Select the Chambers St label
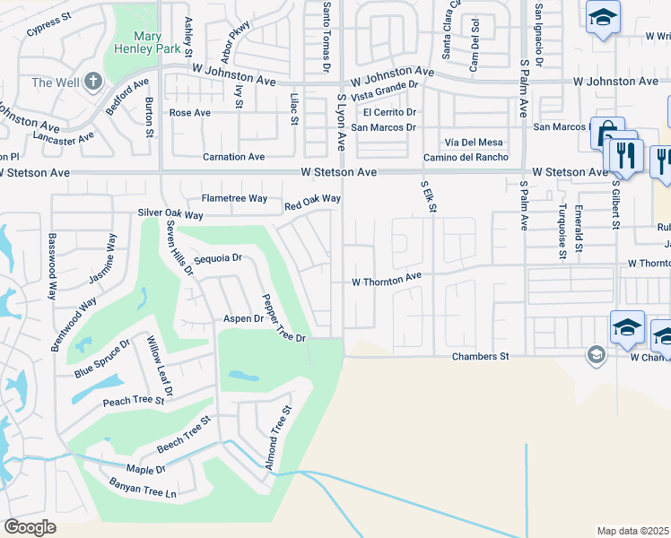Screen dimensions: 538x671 click(x=480, y=356)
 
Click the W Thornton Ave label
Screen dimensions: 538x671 click(x=386, y=281)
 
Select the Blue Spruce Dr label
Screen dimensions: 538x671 click(x=102, y=358)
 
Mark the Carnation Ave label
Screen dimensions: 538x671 click(x=233, y=157)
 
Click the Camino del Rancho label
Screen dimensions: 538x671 click(x=466, y=157)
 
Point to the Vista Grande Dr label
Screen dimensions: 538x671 click(x=386, y=90)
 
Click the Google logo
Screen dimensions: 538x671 click(x=30, y=527)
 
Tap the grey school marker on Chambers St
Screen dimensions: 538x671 click(x=595, y=355)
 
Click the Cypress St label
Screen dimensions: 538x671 click(x=48, y=31)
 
